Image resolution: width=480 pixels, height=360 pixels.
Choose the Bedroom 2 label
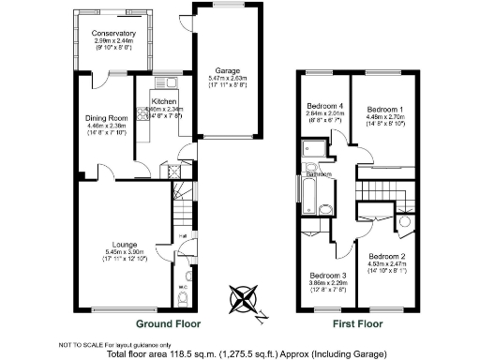[386, 256]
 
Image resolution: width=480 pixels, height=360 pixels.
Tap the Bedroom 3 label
[328, 276]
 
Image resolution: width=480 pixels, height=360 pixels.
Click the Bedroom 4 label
[325, 105]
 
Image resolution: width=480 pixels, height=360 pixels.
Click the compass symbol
[243, 301]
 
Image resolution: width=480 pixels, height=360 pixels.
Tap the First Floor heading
[360, 323]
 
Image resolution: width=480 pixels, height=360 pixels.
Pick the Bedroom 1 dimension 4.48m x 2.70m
[384, 117]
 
